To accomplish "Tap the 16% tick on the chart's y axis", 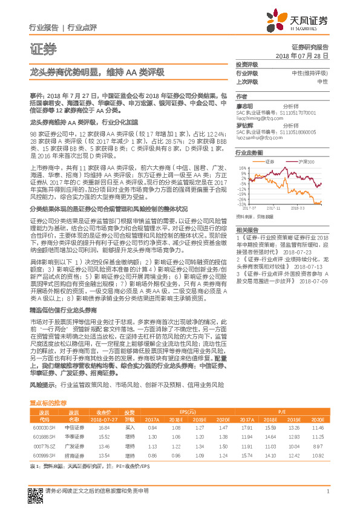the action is click(x=241, y=169).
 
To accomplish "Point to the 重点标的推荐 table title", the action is click(x=48, y=385).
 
